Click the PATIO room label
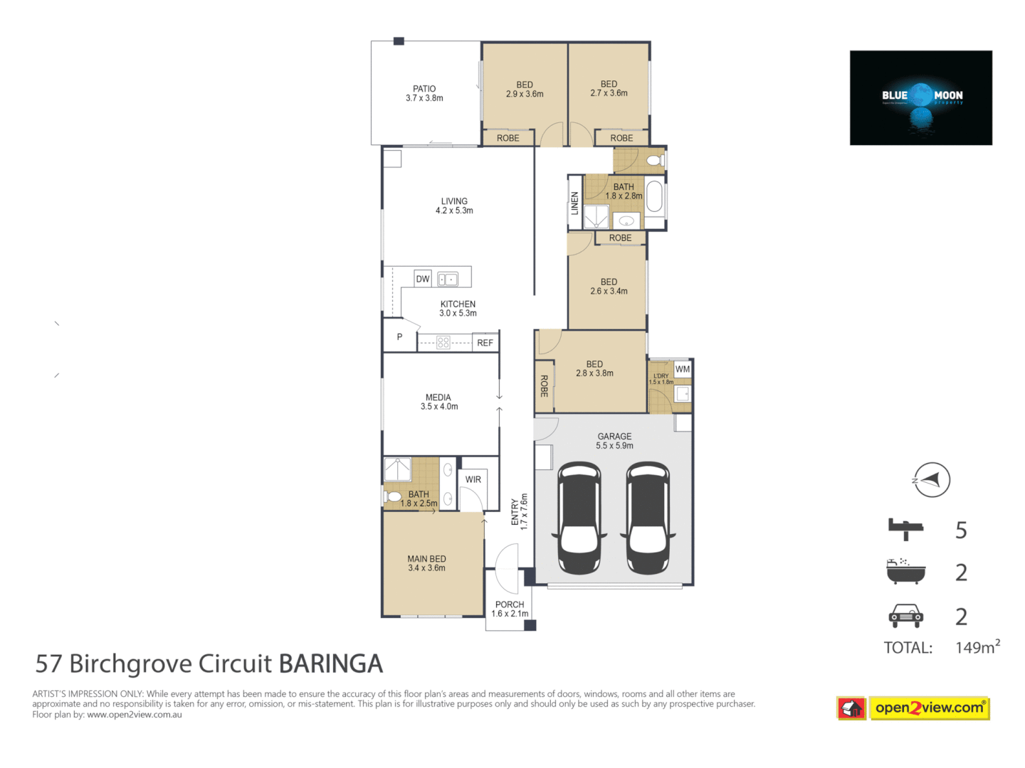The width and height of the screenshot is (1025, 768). [x=424, y=89]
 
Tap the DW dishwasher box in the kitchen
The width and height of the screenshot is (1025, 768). [x=423, y=279]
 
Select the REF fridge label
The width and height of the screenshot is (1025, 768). [x=485, y=343]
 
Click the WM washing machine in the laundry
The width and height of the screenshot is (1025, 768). [x=683, y=369]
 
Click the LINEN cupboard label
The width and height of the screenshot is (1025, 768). [x=574, y=203]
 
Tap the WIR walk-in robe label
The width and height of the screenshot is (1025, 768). [x=473, y=479]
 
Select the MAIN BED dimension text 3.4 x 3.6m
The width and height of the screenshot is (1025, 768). [x=426, y=568]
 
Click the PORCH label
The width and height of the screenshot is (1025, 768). [x=510, y=604]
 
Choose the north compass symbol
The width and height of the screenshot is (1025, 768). [x=931, y=480]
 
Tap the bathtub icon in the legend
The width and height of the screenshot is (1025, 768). [x=905, y=572]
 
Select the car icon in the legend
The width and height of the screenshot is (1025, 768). [x=905, y=615]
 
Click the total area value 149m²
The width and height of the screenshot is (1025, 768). [x=977, y=647]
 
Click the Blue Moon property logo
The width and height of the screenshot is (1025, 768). [x=920, y=97]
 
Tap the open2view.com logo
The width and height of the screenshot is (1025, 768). [x=929, y=708]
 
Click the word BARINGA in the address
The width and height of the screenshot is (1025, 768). [x=330, y=663]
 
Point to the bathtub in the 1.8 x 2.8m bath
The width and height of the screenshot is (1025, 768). [x=654, y=197]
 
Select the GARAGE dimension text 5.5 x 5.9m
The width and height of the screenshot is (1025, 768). [x=614, y=446]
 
